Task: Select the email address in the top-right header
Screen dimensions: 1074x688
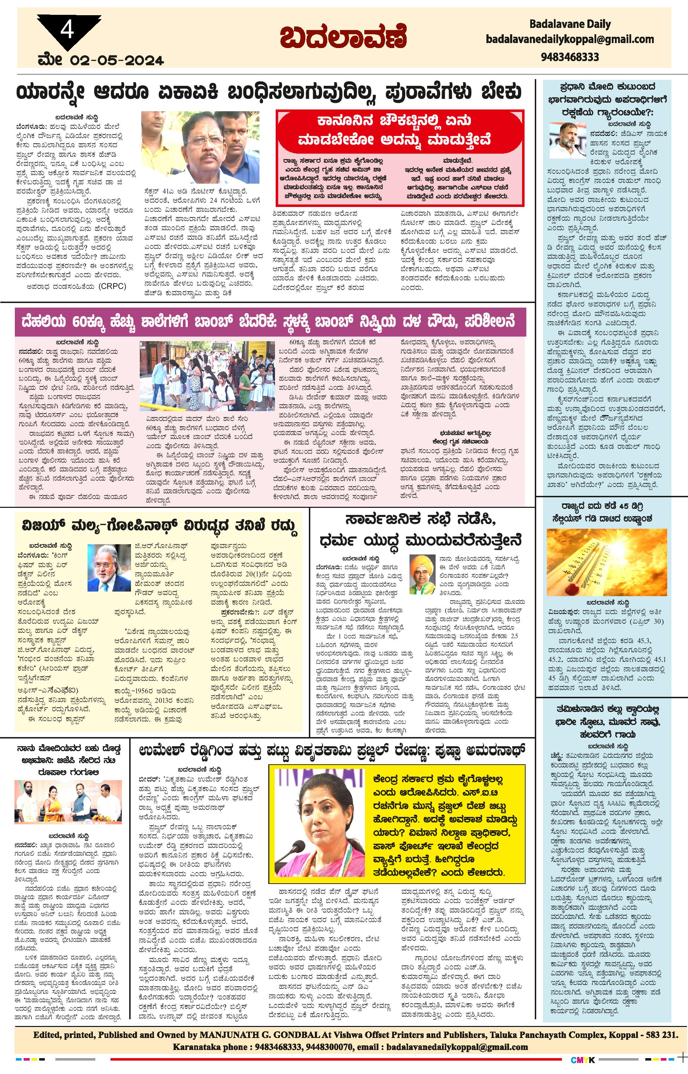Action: pyautogui.click(x=570, y=39)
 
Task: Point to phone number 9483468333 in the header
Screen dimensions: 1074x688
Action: pyautogui.click(x=570, y=57)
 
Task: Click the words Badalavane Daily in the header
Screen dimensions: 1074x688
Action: pyautogui.click(x=570, y=24)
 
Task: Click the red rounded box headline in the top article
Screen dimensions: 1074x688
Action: pyautogui.click(x=400, y=131)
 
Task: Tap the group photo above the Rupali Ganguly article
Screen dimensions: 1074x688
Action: pyautogui.click(x=68, y=802)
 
